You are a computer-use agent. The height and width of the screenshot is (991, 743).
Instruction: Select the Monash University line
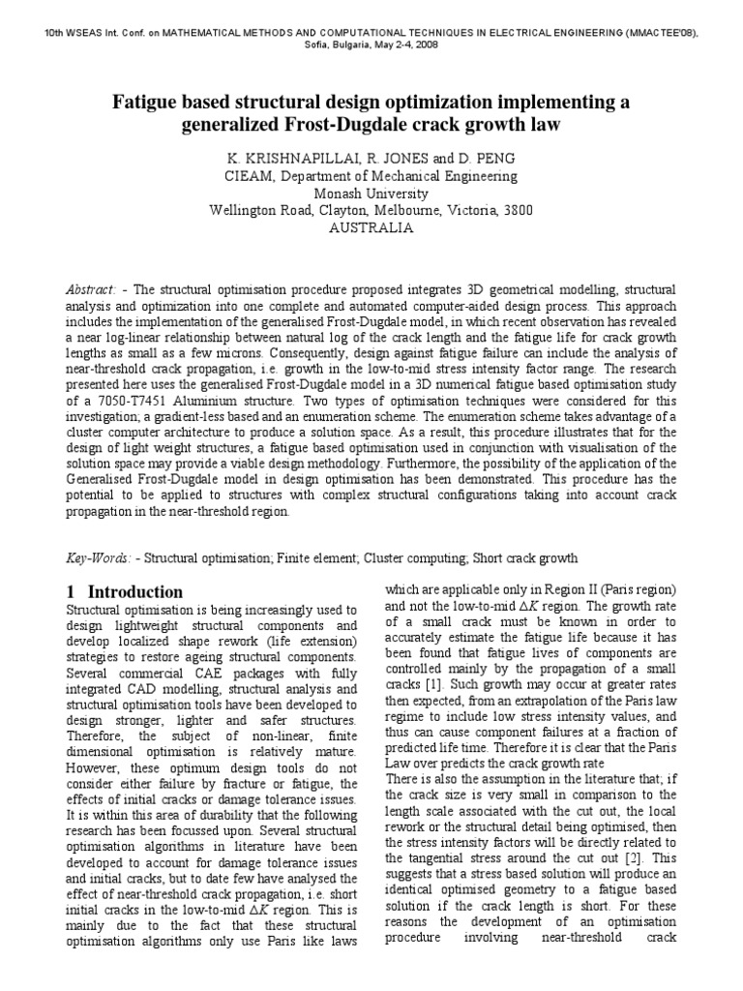click(x=371, y=194)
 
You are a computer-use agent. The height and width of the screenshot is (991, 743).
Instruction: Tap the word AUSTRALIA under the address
click(x=371, y=228)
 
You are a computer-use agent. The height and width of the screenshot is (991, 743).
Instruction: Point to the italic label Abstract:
click(x=91, y=289)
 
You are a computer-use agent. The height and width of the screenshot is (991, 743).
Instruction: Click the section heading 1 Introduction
click(x=125, y=591)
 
